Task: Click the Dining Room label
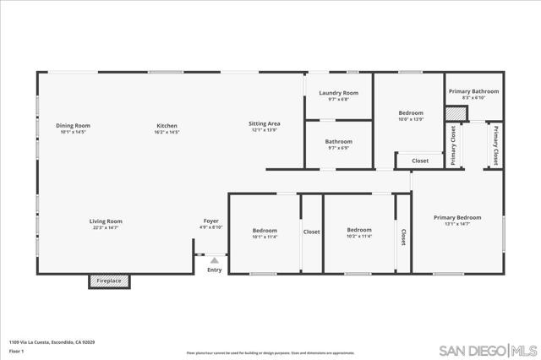[x=74, y=126]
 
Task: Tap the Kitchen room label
[x=166, y=126]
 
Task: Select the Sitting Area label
[x=265, y=124]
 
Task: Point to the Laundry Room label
[x=338, y=93]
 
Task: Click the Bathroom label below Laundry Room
[x=338, y=142]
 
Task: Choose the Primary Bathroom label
[x=473, y=91]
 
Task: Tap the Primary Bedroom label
[x=457, y=217]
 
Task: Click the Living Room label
[x=106, y=221]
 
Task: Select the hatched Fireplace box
[x=110, y=281]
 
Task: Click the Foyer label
[x=210, y=221]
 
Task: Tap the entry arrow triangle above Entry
[x=215, y=261]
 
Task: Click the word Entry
[x=215, y=270]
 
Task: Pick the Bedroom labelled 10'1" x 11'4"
[x=265, y=230]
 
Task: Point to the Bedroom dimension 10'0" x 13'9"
[x=411, y=119]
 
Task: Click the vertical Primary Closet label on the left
[x=453, y=145]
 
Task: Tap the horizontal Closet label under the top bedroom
[x=419, y=161]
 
